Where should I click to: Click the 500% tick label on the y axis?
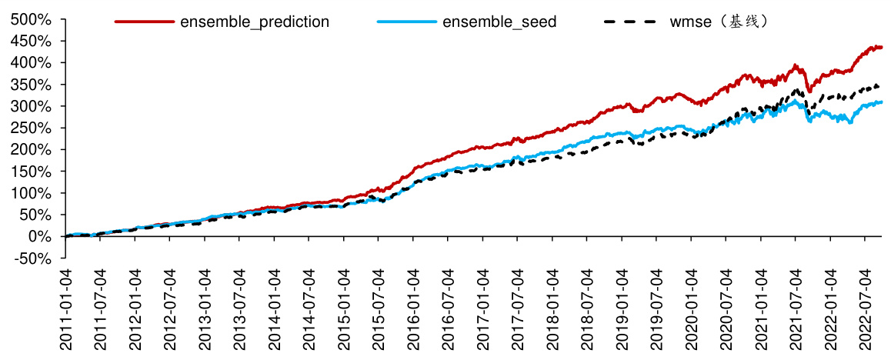pyautogui.click(x=31, y=19)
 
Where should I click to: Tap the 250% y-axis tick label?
pyautogui.click(x=31, y=128)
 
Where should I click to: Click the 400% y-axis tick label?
pyautogui.click(x=31, y=62)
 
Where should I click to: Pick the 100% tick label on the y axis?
pyautogui.click(x=31, y=193)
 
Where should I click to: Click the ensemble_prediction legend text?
pyautogui.click(x=255, y=22)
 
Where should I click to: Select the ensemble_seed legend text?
pyautogui.click(x=499, y=22)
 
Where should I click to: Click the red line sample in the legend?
pyautogui.click(x=145, y=22)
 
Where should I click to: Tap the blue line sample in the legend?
pyautogui.click(x=407, y=22)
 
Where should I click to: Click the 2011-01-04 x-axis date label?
pyautogui.click(x=66, y=312)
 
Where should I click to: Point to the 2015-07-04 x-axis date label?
pyautogui.click(x=379, y=312)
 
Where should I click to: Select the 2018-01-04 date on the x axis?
pyautogui.click(x=553, y=312)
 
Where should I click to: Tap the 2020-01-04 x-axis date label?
pyautogui.click(x=692, y=312)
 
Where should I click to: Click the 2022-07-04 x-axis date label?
pyautogui.click(x=866, y=312)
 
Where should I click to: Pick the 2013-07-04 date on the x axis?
pyautogui.click(x=240, y=312)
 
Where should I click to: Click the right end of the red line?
pyautogui.click(x=882, y=48)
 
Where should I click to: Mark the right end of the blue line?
pyautogui.click(x=882, y=102)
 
